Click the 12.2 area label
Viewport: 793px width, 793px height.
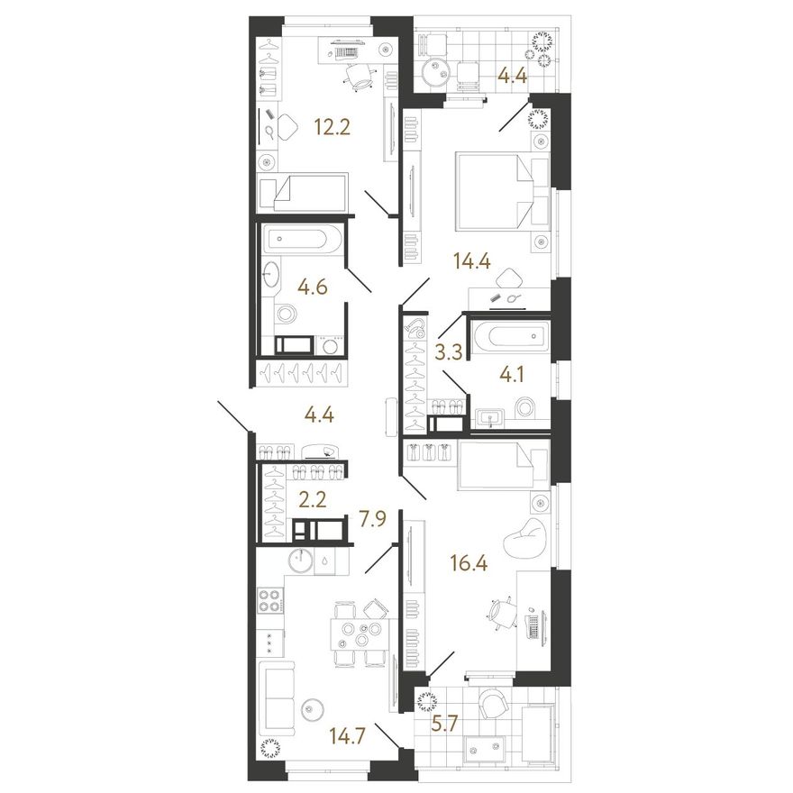click(332, 127)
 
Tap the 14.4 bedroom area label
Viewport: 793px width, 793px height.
click(472, 261)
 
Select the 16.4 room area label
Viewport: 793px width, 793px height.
click(469, 562)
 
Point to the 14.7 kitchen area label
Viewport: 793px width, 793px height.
click(348, 734)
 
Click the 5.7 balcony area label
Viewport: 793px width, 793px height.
click(445, 724)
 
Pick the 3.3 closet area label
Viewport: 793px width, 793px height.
click(449, 351)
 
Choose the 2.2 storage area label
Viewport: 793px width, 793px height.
click(313, 499)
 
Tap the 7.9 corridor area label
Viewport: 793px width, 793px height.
click(373, 519)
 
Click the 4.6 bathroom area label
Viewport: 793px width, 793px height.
click(313, 287)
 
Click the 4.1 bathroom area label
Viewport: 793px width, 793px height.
click(511, 375)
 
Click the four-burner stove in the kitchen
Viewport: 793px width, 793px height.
click(269, 601)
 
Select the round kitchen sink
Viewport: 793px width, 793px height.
click(301, 561)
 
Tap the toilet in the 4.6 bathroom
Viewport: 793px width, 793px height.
click(286, 313)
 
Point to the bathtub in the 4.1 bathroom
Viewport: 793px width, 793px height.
click(509, 336)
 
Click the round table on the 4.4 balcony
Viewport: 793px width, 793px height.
click(435, 72)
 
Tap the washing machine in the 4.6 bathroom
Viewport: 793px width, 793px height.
click(329, 346)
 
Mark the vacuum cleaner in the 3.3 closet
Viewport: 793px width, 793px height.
click(415, 329)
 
